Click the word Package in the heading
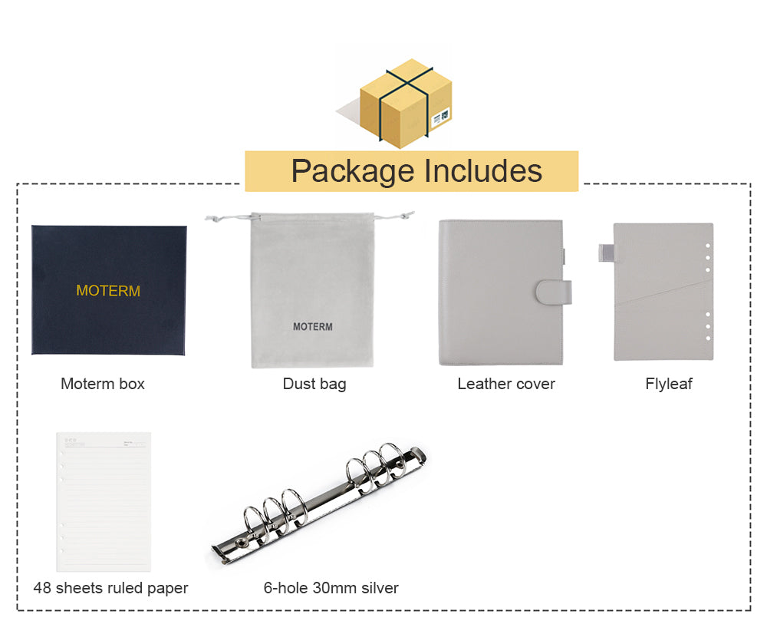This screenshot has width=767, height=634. click(x=352, y=170)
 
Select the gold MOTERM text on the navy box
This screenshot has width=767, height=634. click(x=108, y=291)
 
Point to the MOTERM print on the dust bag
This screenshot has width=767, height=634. click(x=313, y=326)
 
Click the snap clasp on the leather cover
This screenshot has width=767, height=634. click(x=554, y=292)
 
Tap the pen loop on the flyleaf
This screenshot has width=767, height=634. click(x=607, y=250)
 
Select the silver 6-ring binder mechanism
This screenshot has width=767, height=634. click(x=319, y=502)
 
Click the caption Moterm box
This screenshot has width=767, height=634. click(x=103, y=384)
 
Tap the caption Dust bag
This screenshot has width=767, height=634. click(x=314, y=384)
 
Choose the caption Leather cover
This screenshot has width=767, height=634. click(x=506, y=384)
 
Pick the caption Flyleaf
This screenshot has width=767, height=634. click(x=669, y=384)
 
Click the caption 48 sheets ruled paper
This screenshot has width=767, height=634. click(x=110, y=588)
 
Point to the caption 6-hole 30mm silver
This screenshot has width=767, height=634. click(x=331, y=588)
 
